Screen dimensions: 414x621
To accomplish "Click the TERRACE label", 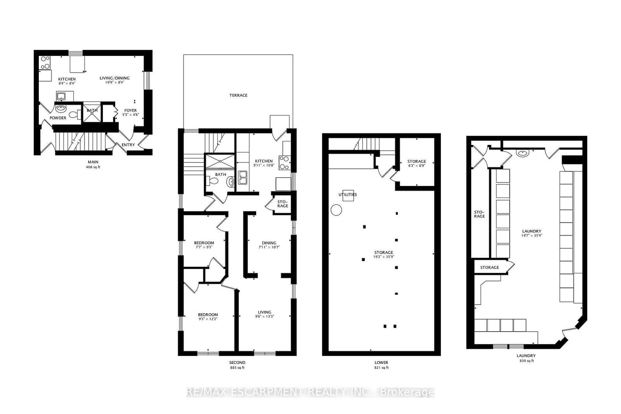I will (x=238, y=95).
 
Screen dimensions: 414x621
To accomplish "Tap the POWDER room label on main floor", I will (x=57, y=118).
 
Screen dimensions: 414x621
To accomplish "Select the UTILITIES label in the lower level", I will (x=347, y=195).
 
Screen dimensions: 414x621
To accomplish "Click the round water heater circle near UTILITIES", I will (x=336, y=210).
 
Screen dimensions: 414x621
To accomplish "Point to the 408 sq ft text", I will (x=93, y=167).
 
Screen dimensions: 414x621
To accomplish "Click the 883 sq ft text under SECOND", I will (x=237, y=368).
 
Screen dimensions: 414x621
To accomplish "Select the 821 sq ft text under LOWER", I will (x=381, y=368).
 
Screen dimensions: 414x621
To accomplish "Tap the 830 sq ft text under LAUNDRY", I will (x=526, y=361).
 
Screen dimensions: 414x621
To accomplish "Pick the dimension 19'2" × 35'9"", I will (x=383, y=257).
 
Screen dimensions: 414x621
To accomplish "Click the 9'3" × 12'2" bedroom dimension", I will (x=208, y=319).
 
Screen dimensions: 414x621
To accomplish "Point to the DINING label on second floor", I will (x=269, y=243).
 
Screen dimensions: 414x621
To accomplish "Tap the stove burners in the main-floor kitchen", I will (x=45, y=63).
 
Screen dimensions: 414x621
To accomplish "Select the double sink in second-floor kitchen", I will (x=243, y=178).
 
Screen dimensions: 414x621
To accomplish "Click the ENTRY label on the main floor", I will (x=128, y=145).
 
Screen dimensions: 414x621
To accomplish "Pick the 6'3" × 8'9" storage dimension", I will (x=416, y=166).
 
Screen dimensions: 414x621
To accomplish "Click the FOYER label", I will (x=130, y=110).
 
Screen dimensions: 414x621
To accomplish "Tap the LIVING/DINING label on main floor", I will (x=114, y=78).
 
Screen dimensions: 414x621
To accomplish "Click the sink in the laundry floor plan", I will (x=523, y=153).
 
